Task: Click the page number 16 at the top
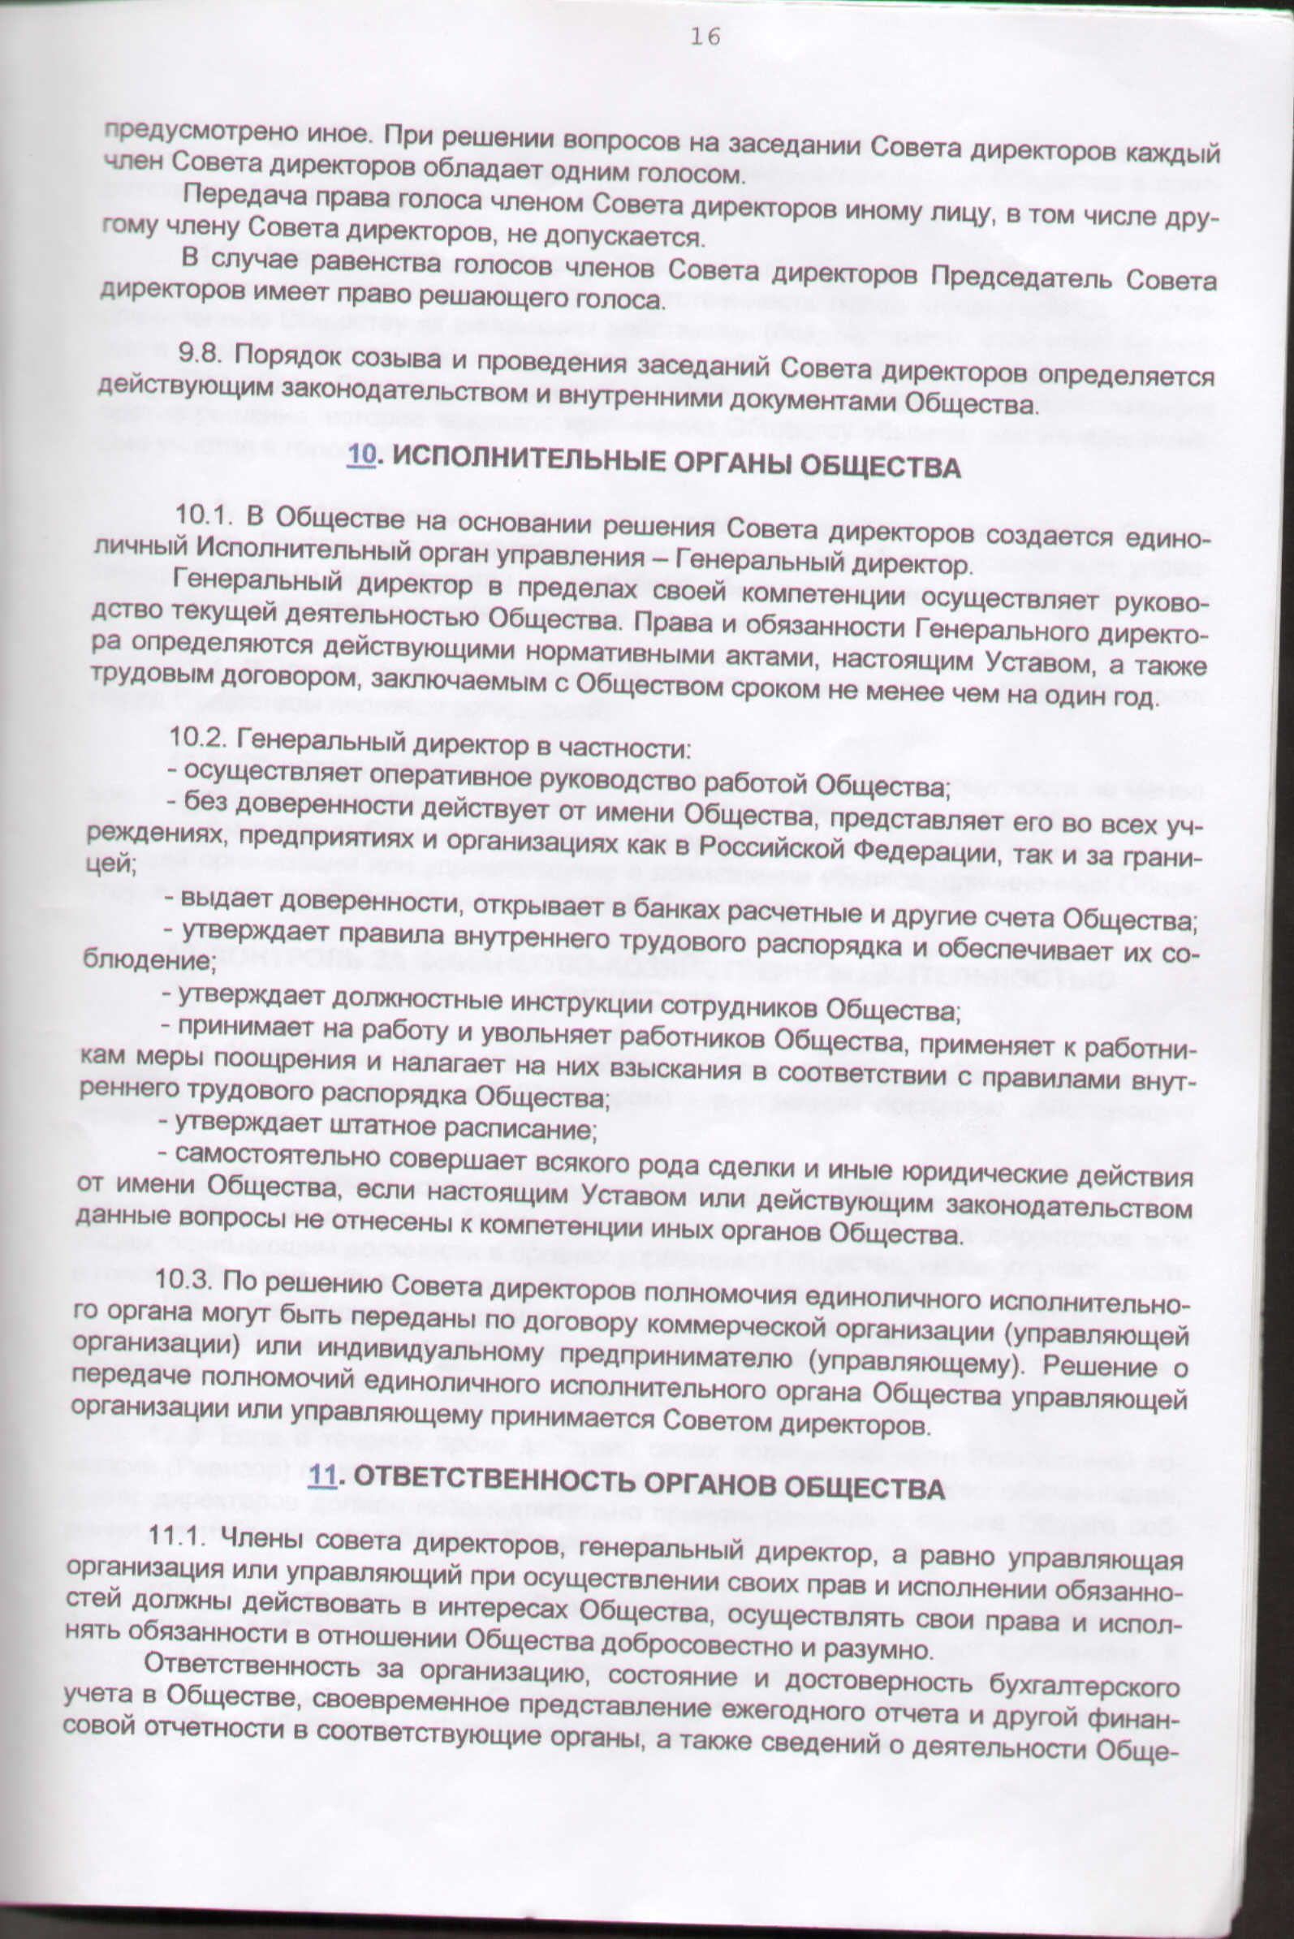pyautogui.click(x=704, y=37)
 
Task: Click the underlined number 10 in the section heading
pyautogui.click(x=360, y=456)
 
